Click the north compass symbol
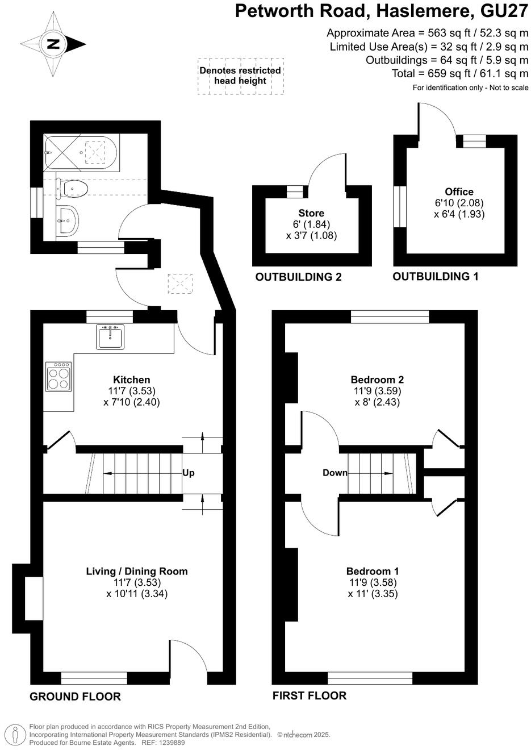tap(53, 44)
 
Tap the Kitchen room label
tap(131, 380)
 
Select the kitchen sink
tap(110, 338)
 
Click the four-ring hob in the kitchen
tap(58, 377)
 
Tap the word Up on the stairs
tap(188, 473)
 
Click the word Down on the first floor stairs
tap(335, 473)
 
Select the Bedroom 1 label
tap(373, 572)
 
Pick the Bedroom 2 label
tap(377, 380)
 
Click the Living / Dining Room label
tap(136, 572)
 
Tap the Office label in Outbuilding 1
tap(459, 192)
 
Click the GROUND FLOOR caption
tap(75, 697)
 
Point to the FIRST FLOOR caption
tap(309, 695)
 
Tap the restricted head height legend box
tap(240, 76)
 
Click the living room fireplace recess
tap(33, 598)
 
